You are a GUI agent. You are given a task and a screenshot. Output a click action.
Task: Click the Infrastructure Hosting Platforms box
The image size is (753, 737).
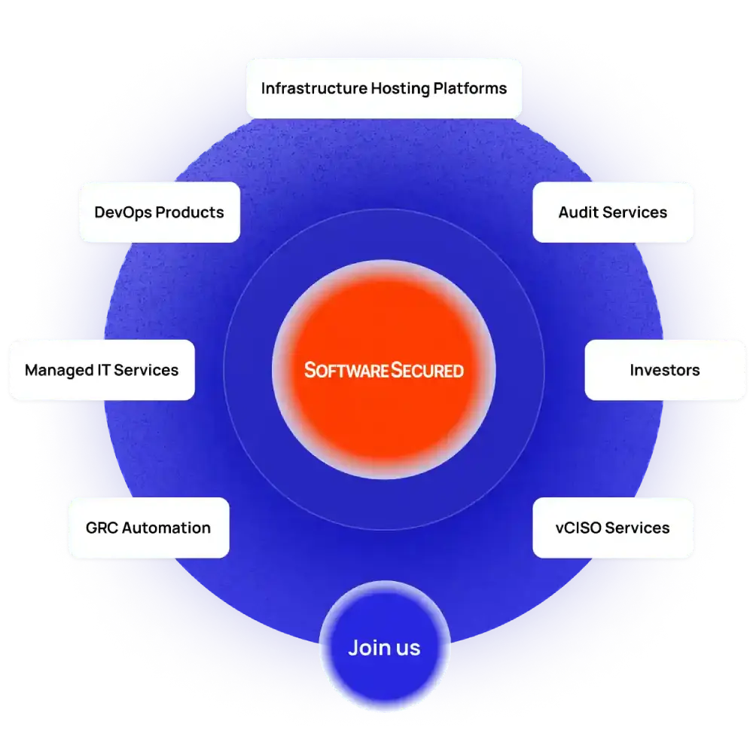pyautogui.click(x=384, y=88)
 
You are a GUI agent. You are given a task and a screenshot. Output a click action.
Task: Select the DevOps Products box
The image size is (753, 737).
pyautogui.click(x=159, y=212)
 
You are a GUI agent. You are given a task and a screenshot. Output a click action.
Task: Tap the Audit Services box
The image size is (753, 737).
pyautogui.click(x=613, y=212)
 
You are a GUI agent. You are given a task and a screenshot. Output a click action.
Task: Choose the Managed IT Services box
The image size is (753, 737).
pyautogui.click(x=102, y=370)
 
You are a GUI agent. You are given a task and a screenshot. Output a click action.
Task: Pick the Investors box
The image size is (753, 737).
pyautogui.click(x=665, y=370)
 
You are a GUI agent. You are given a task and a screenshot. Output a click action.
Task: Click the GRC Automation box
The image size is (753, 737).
pyautogui.click(x=148, y=528)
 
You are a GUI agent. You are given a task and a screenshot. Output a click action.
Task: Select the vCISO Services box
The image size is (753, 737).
pyautogui.click(x=613, y=528)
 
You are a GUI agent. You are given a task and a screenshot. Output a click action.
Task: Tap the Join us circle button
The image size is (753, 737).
pyautogui.click(x=384, y=647)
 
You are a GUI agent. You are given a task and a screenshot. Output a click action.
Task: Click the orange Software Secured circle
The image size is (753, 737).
pyautogui.click(x=384, y=332)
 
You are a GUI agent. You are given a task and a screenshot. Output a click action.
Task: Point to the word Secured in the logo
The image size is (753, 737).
pyautogui.click(x=427, y=370)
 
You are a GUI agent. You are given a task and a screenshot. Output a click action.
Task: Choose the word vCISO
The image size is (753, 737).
pyautogui.click(x=579, y=528)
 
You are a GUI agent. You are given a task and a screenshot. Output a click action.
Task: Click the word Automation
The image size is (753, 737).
pyautogui.click(x=166, y=528)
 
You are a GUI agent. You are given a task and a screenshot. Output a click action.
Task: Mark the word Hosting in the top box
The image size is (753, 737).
pyautogui.click(x=400, y=88)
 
